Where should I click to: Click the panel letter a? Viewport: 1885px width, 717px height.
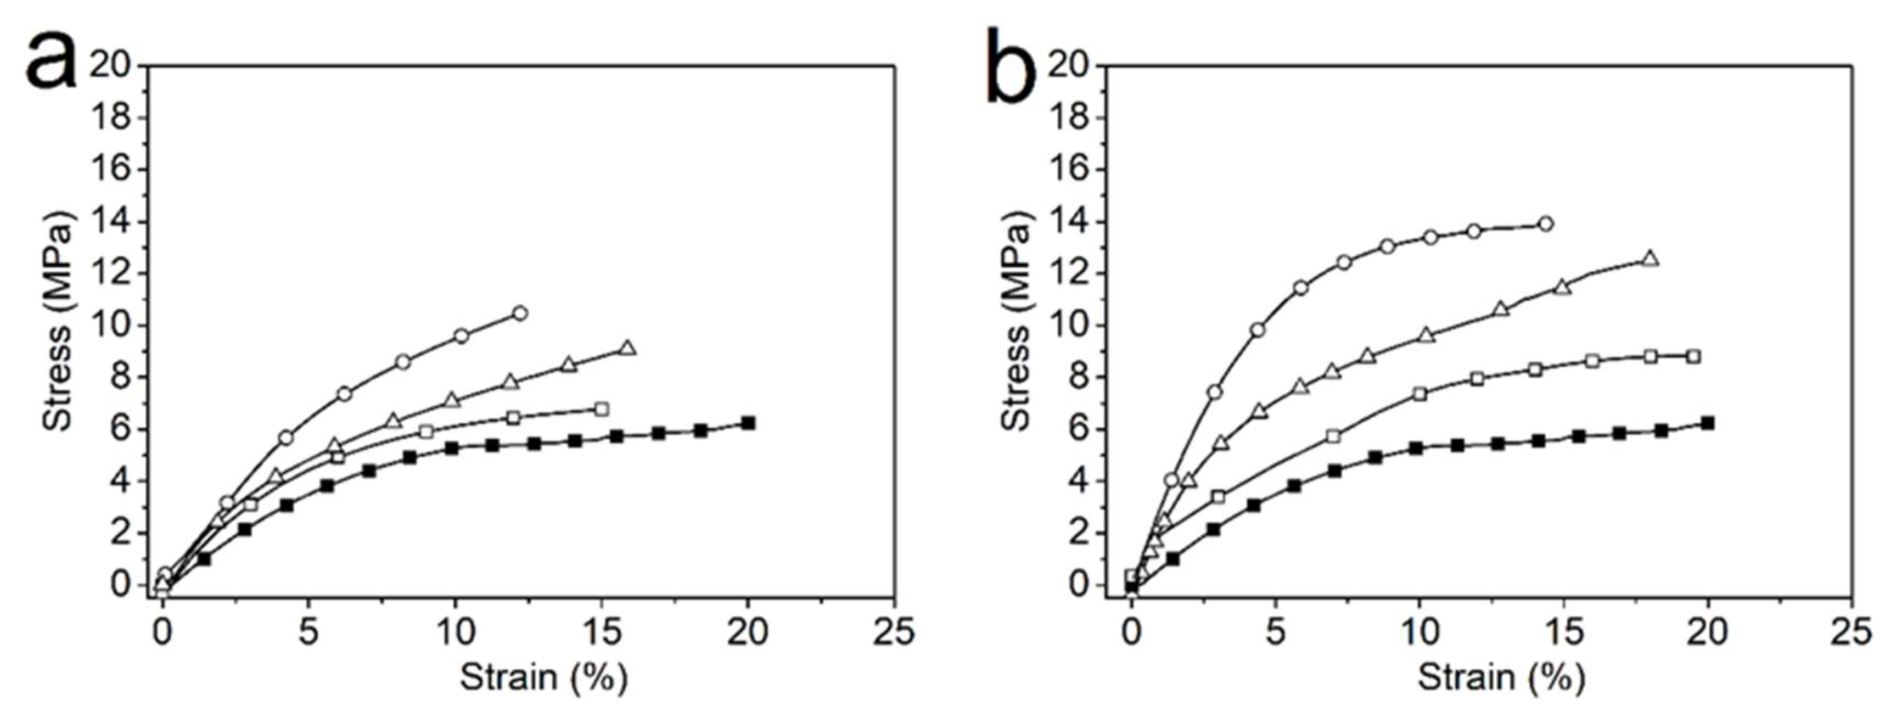51,64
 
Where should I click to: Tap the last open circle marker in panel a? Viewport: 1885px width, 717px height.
519,313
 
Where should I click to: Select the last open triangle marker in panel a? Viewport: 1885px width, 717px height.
627,348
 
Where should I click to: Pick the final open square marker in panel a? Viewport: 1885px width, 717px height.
602,409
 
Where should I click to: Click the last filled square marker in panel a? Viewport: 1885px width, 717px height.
748,423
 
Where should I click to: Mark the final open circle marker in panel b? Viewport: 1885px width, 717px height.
1545,224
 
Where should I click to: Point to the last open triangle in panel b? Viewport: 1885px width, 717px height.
1650,259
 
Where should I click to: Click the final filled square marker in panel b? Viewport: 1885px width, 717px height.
1708,423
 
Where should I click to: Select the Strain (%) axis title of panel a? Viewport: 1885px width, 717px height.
543,677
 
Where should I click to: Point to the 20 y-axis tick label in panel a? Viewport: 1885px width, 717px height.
110,66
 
